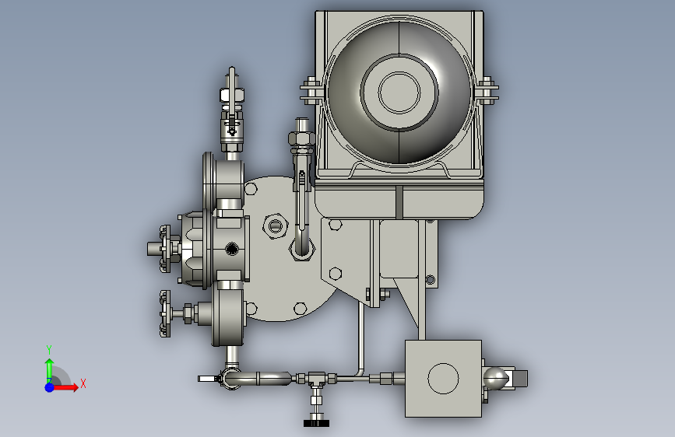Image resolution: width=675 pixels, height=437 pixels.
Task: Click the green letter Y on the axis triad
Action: click(49, 349)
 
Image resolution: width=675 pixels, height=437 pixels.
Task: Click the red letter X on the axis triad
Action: click(83, 383)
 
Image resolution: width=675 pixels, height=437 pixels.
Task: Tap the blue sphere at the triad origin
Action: click(50, 387)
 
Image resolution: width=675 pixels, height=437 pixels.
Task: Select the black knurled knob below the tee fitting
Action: click(316, 422)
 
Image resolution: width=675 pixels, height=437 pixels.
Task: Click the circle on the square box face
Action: click(443, 379)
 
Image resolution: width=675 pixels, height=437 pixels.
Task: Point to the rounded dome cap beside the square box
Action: click(496, 379)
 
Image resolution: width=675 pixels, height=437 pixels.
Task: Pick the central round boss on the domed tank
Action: click(399, 93)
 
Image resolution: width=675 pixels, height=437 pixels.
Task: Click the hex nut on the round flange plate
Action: click(275, 225)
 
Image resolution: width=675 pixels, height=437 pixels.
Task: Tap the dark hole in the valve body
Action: click(231, 248)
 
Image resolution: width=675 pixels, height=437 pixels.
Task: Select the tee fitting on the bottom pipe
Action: click(316, 379)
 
